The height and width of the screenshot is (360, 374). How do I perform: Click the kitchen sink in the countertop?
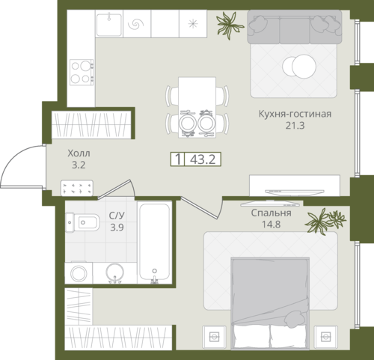pos(109,25)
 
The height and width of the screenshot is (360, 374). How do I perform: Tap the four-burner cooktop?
pos(82,72)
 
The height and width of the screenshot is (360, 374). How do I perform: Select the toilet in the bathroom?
pos(82,222)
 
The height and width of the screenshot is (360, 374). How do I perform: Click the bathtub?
pos(155,242)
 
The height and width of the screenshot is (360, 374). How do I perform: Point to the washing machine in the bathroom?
pos(79,272)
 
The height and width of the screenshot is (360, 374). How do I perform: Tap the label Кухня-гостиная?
pos(295,114)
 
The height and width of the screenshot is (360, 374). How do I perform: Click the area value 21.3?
pos(295,126)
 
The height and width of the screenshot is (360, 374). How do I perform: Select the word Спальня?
pos(271,213)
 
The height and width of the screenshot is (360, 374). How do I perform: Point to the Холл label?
pos(79,153)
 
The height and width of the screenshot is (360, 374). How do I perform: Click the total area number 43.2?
pos(203,159)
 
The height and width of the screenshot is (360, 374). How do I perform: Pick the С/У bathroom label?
pos(117,216)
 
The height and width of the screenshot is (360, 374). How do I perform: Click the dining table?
pos(197,107)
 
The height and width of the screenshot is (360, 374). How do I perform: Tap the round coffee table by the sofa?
pos(299,67)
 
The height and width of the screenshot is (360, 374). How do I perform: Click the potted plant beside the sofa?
pos(229,25)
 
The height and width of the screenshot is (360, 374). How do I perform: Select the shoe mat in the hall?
pos(77,188)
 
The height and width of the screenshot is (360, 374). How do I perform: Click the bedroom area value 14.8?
pos(271,225)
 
